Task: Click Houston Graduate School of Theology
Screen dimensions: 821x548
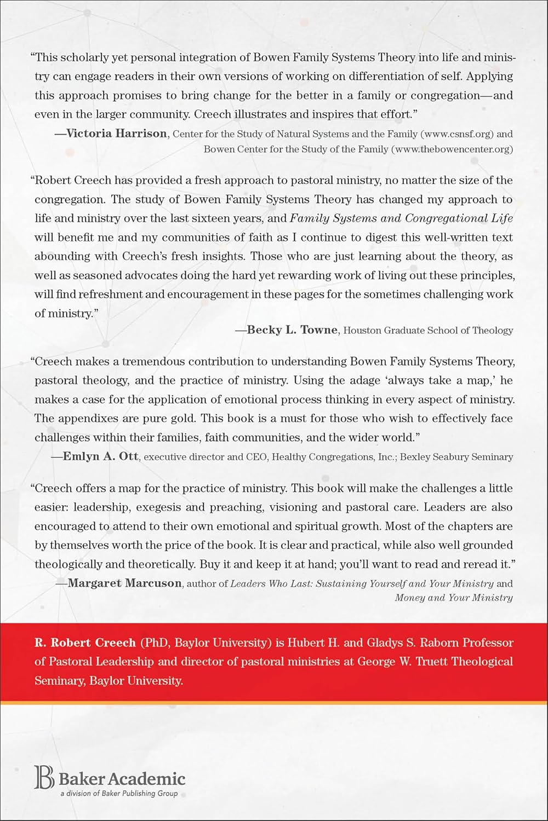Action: [428, 330]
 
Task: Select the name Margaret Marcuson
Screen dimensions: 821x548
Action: [124, 583]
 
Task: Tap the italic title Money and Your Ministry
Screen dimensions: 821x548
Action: [454, 598]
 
